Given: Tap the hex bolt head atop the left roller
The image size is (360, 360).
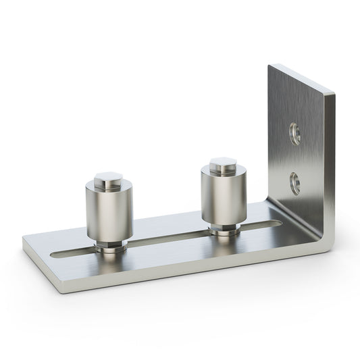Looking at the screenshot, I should pos(109,179).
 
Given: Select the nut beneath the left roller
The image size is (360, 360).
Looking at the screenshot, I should pos(109,245).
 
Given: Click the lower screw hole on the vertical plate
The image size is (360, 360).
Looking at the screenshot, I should pos(295,181).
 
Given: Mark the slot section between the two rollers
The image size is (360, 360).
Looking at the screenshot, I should pos(169,237).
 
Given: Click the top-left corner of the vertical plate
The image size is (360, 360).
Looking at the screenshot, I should pos(269,66).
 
